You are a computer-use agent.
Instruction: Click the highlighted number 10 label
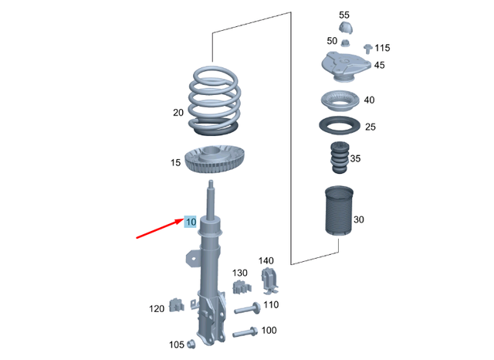(x=191, y=222)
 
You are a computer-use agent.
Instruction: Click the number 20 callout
(x=178, y=113)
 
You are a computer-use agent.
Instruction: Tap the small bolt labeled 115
(x=367, y=49)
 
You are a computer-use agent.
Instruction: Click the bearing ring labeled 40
(x=338, y=102)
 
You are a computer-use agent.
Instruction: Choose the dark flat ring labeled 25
(x=338, y=125)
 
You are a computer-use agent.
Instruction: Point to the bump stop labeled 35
(x=338, y=160)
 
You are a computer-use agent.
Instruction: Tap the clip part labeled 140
(x=270, y=281)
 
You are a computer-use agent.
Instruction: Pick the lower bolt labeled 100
(x=245, y=335)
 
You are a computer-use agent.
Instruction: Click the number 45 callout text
(x=379, y=66)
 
